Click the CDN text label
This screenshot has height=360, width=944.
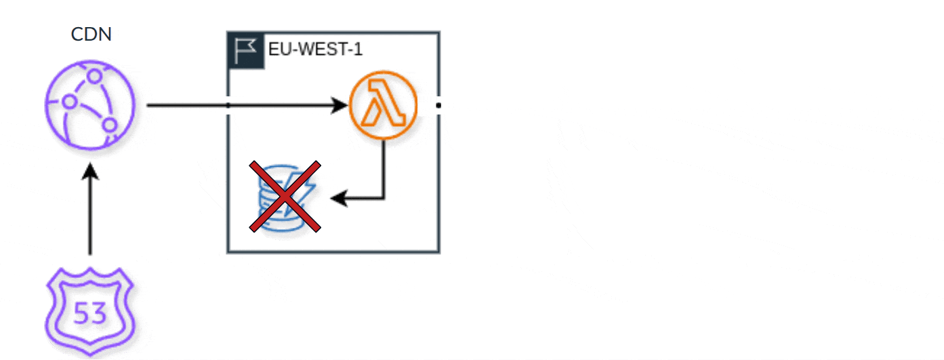[x=91, y=35]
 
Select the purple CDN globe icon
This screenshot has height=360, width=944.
[x=91, y=105]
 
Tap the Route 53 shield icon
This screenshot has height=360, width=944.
[x=91, y=313]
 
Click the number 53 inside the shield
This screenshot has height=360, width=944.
[x=90, y=314]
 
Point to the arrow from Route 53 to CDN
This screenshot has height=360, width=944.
[x=91, y=217]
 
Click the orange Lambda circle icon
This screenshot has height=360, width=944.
[x=383, y=105]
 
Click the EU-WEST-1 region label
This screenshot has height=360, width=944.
[x=315, y=49]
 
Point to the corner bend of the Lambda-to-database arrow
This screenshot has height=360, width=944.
[x=384, y=199]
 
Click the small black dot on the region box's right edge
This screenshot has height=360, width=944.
[x=439, y=106]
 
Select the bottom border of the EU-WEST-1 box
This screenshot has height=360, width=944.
[x=333, y=252]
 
